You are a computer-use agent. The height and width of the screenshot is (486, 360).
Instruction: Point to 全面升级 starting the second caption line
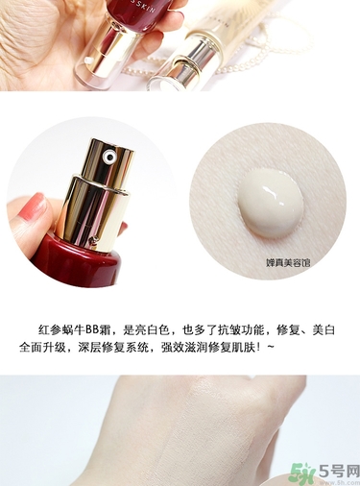tap(54, 347)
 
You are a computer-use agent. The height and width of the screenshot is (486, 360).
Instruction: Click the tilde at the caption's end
tap(273, 347)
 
